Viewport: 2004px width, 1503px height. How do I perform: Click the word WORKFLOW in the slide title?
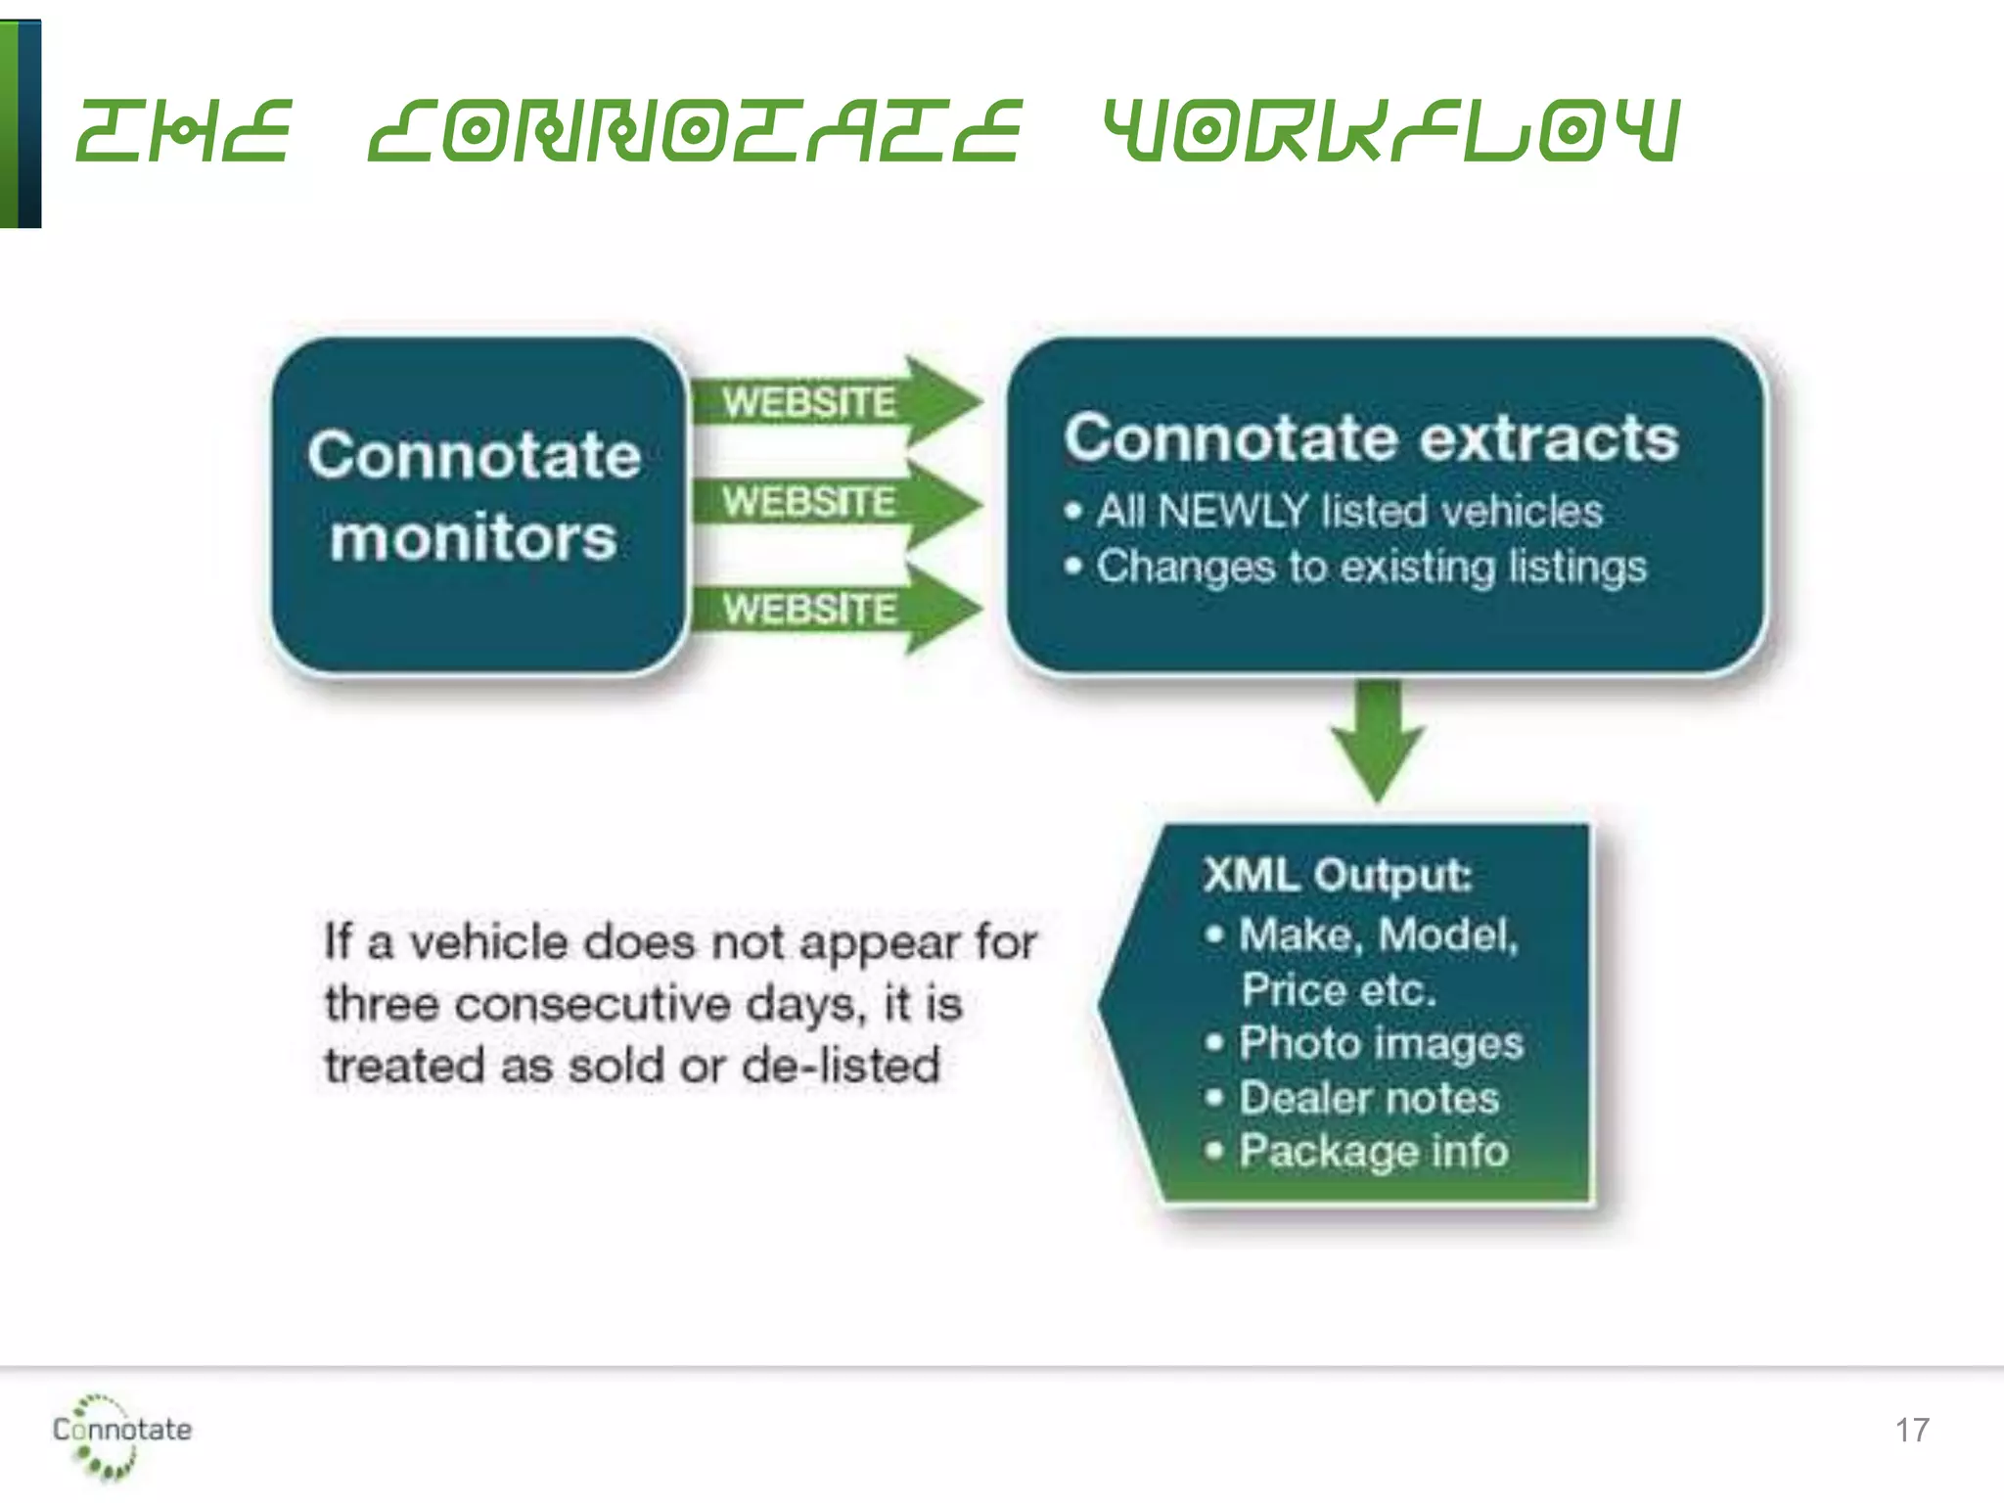1389,130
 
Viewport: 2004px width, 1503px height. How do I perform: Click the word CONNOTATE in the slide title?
695,130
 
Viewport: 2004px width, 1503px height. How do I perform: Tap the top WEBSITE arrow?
832,402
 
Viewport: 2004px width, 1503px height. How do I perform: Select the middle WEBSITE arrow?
832,502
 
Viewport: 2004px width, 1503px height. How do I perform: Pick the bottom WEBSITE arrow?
832,609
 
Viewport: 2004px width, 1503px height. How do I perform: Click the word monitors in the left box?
474,538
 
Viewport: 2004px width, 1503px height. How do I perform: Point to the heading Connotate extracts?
1370,437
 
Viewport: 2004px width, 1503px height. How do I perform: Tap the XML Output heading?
1337,874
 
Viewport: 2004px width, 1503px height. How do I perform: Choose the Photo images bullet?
1380,1043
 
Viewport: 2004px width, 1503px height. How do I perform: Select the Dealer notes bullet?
1368,1098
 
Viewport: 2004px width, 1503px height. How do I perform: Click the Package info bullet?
1373,1151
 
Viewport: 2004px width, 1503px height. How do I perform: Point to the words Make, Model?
1378,934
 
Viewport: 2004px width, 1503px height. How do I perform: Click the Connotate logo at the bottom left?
120,1433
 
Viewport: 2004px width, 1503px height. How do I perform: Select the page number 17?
1912,1431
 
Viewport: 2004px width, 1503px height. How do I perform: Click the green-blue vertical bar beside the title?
21,124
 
